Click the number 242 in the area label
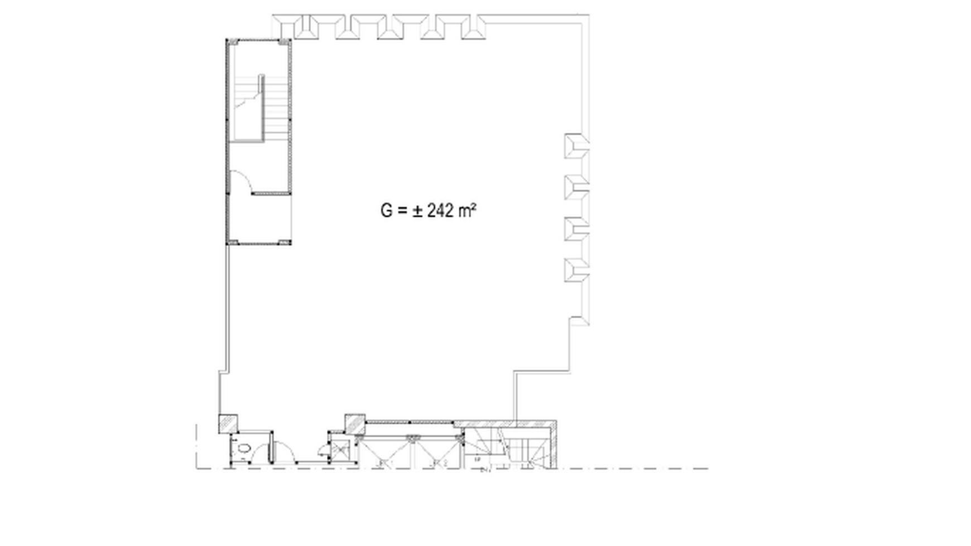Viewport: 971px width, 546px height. (x=440, y=211)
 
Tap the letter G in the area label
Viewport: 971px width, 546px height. (x=386, y=211)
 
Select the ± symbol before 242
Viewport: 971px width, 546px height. (x=418, y=211)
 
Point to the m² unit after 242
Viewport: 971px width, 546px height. (x=467, y=210)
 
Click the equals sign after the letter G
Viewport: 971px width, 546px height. (x=402, y=211)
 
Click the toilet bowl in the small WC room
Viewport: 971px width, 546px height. (x=244, y=447)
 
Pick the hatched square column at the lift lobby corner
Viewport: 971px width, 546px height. (x=355, y=424)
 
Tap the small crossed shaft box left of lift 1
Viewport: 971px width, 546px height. (x=338, y=449)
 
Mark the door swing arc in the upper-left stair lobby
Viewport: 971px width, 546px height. (x=241, y=181)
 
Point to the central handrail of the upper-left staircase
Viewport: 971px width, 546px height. (x=261, y=106)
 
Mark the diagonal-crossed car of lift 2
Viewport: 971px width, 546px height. (x=438, y=450)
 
